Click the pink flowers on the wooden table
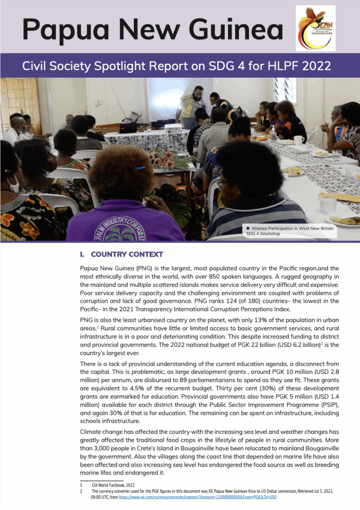tap(162, 160)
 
